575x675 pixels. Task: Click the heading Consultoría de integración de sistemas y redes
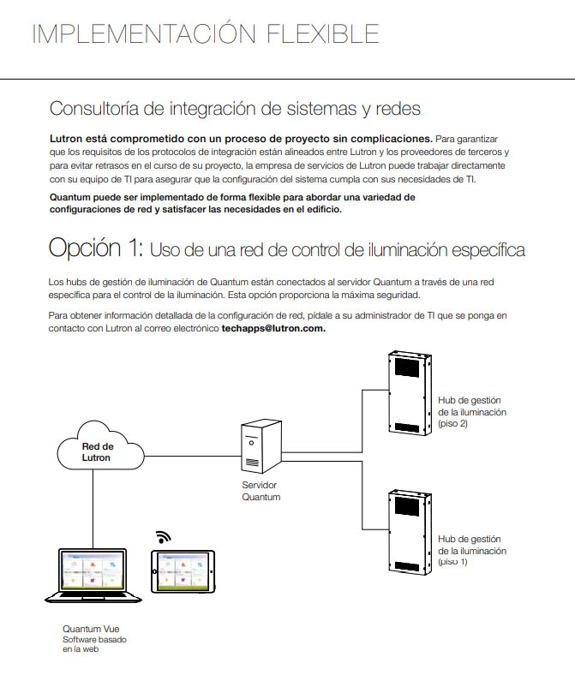tap(235, 109)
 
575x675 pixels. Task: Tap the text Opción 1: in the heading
tap(95, 248)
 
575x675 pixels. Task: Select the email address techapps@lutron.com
tap(273, 328)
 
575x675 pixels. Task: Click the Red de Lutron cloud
tap(96, 451)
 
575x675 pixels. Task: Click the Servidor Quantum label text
tap(261, 491)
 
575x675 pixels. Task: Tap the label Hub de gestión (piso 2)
tap(471, 412)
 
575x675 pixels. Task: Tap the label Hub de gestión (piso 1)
tap(471, 550)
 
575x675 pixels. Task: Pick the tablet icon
tap(179, 571)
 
